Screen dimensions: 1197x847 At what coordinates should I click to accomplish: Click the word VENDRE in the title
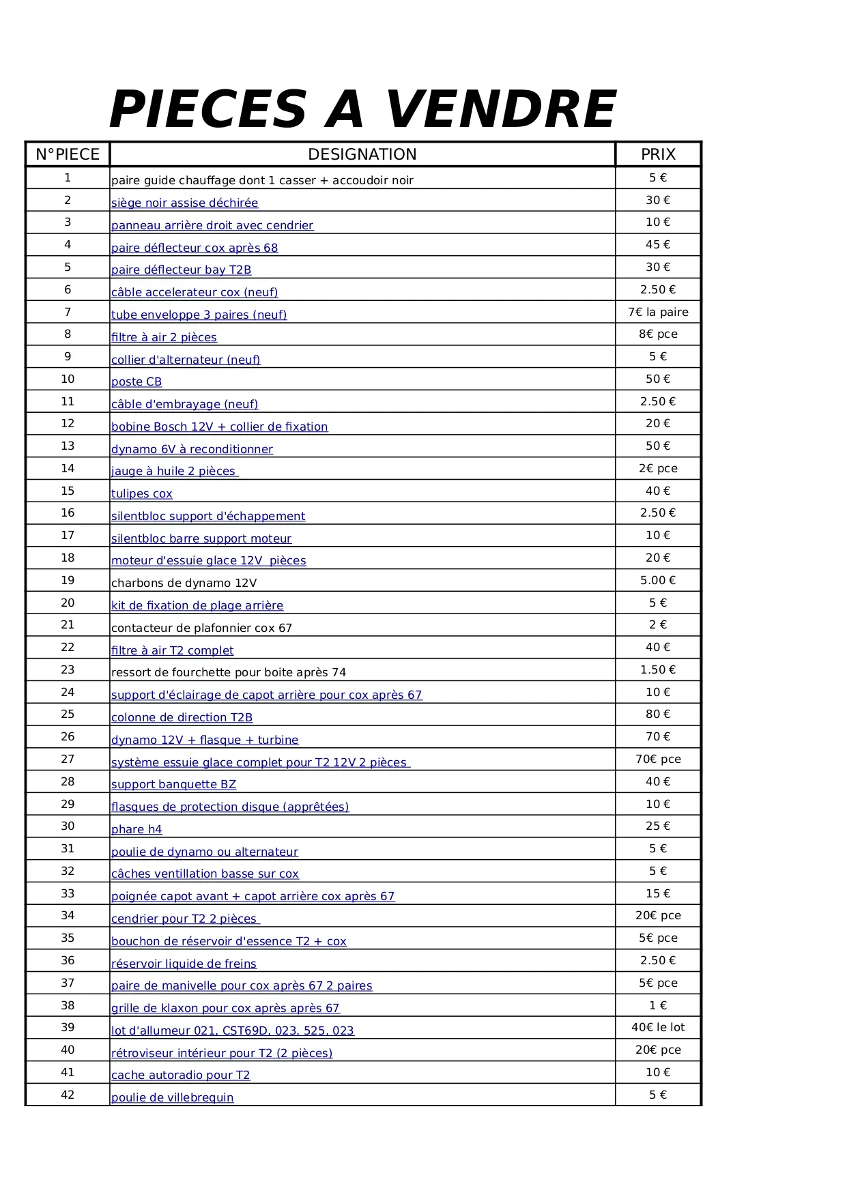(500, 109)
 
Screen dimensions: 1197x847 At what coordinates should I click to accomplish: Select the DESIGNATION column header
(362, 154)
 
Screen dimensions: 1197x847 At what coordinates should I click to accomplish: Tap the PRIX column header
(658, 154)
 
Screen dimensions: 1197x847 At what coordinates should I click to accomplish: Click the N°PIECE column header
(68, 154)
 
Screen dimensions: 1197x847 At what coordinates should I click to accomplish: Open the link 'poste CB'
(137, 381)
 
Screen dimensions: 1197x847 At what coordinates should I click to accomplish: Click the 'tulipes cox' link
(142, 493)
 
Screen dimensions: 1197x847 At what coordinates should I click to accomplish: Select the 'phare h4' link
(137, 829)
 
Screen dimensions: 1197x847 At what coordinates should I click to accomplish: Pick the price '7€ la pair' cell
(658, 312)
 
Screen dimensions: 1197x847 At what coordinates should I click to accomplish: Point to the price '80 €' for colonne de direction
(658, 714)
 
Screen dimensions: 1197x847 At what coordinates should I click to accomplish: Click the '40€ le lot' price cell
(658, 1027)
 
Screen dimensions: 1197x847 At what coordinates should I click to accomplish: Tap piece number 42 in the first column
(68, 1095)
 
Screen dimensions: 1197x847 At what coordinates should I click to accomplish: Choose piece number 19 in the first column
(68, 580)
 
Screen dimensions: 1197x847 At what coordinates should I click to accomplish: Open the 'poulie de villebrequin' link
(172, 1097)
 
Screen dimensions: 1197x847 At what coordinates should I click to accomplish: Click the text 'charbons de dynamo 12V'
(184, 583)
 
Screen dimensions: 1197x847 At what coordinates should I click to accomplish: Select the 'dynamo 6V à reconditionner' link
(192, 449)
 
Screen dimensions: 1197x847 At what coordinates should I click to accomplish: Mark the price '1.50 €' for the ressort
(658, 669)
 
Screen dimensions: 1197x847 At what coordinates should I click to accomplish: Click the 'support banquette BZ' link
(173, 784)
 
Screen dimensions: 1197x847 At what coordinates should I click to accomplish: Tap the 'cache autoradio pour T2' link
(180, 1075)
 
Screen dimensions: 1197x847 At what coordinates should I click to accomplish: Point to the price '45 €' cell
(658, 244)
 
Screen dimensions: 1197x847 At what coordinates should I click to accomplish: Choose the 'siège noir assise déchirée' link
(184, 203)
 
